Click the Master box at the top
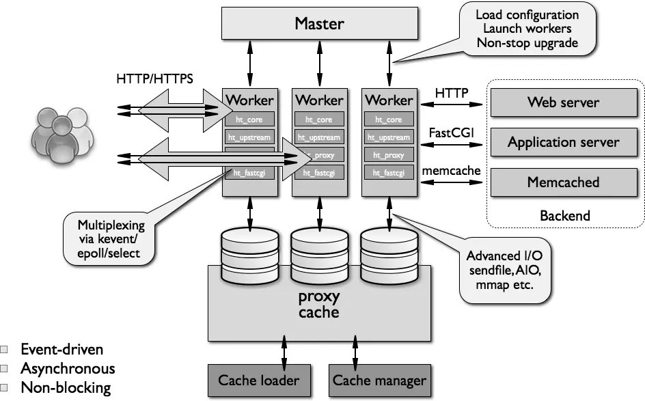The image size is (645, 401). tap(320, 25)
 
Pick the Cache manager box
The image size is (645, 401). tap(379, 381)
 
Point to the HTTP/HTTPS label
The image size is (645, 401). tap(154, 79)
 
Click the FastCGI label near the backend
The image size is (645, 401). tap(448, 130)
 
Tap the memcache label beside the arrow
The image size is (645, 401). tap(451, 170)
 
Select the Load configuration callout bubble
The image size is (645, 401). tap(526, 29)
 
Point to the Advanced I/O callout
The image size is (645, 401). tap(504, 271)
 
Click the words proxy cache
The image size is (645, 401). tap(319, 305)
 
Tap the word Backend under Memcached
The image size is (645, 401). tap(564, 216)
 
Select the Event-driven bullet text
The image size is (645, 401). tap(62, 350)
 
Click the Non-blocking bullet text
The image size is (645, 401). tap(66, 388)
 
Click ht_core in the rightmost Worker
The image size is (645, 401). tap(389, 120)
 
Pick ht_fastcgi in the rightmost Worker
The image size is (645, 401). tap(389, 173)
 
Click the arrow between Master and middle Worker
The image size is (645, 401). tap(319, 63)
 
